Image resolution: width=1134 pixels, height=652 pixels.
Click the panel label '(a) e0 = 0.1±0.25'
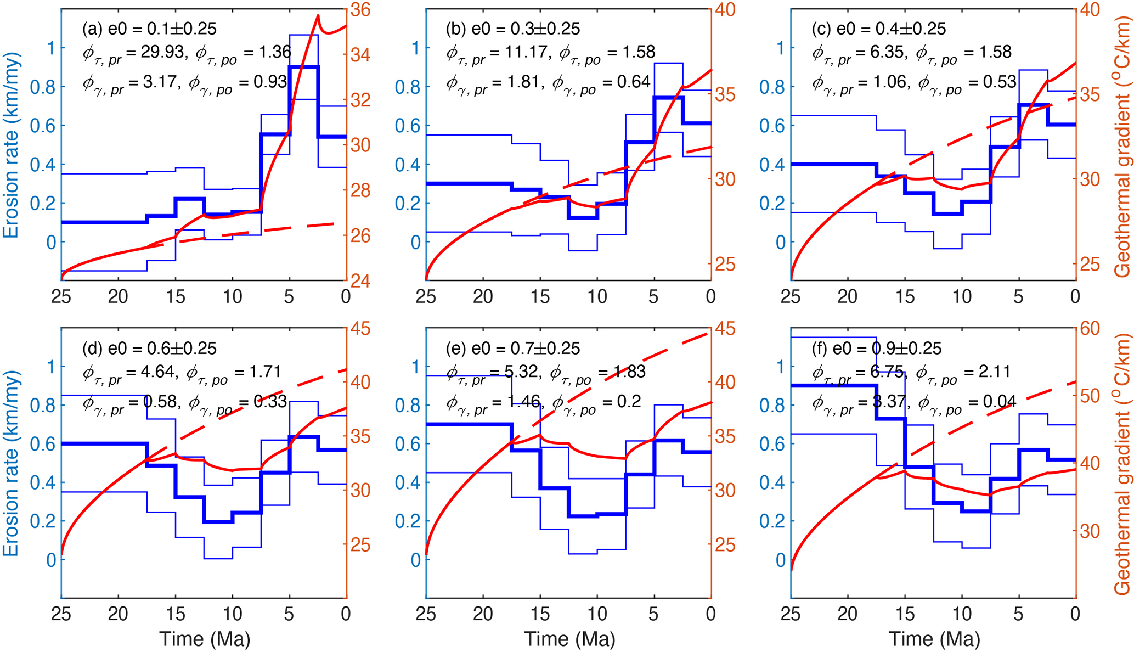[149, 29]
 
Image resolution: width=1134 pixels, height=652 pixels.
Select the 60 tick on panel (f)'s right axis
[1090, 329]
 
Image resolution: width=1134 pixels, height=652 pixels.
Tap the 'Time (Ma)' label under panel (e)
[569, 639]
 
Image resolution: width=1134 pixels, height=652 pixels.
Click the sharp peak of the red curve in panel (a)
[318, 16]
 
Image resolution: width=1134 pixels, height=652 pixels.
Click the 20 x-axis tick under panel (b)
[483, 297]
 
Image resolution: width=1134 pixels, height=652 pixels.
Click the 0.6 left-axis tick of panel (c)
[771, 126]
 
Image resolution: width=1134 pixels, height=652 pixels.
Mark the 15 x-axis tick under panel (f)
[905, 613]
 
